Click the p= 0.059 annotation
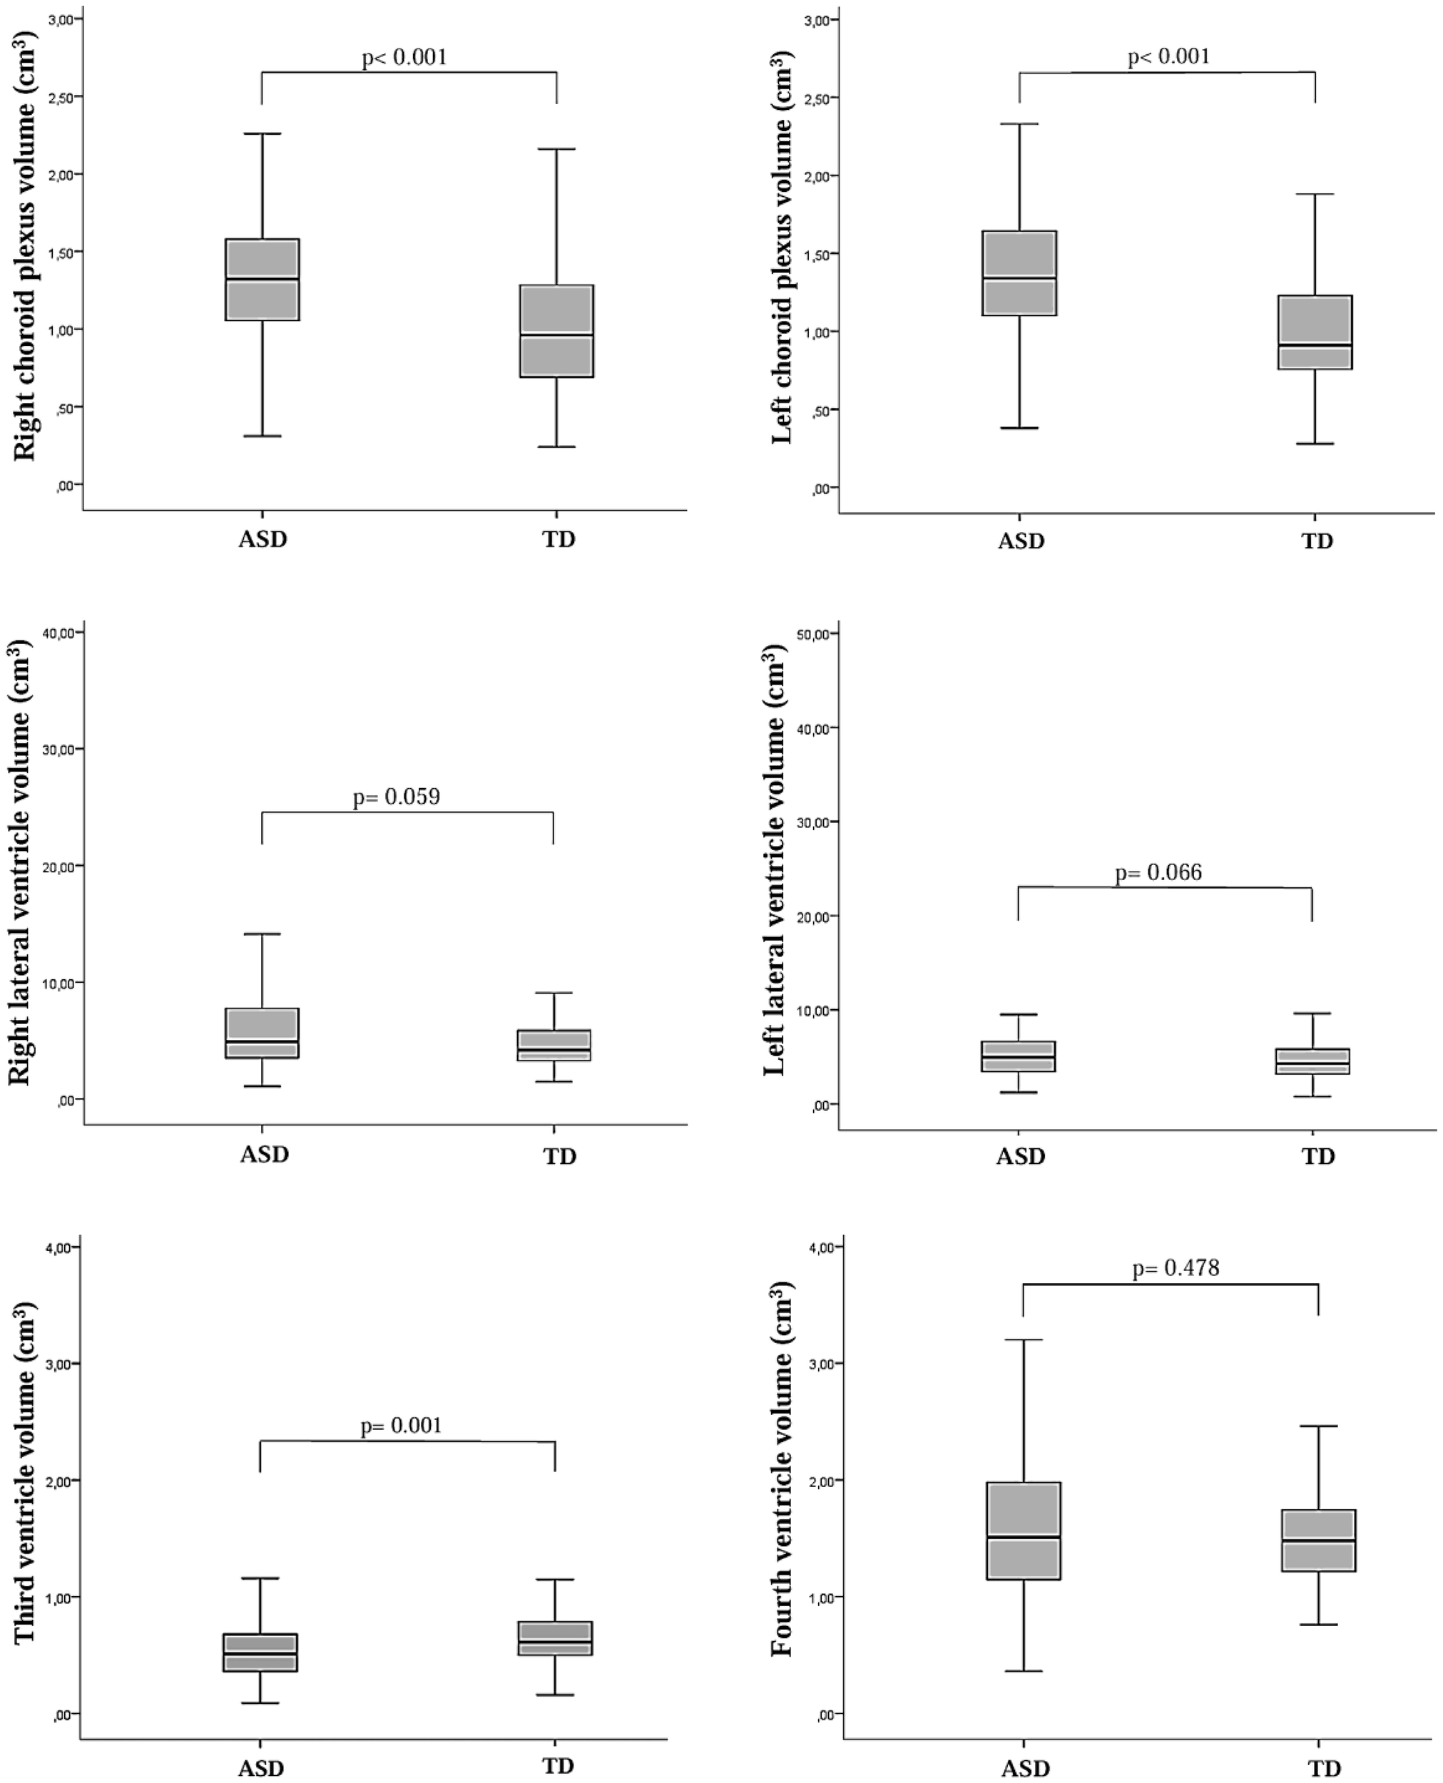point(397,797)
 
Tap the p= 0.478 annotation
point(1176,1267)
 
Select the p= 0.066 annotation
point(1158,872)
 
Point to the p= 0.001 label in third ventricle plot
point(402,1426)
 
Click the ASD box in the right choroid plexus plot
point(262,280)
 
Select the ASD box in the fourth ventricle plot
point(1024,1530)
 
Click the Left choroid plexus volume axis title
point(781,247)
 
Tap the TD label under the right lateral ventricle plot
point(559,1156)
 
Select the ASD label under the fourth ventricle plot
point(1025,1768)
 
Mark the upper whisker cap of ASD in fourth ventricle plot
point(1024,1340)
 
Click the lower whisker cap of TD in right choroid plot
point(556,447)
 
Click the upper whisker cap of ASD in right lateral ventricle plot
point(262,934)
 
